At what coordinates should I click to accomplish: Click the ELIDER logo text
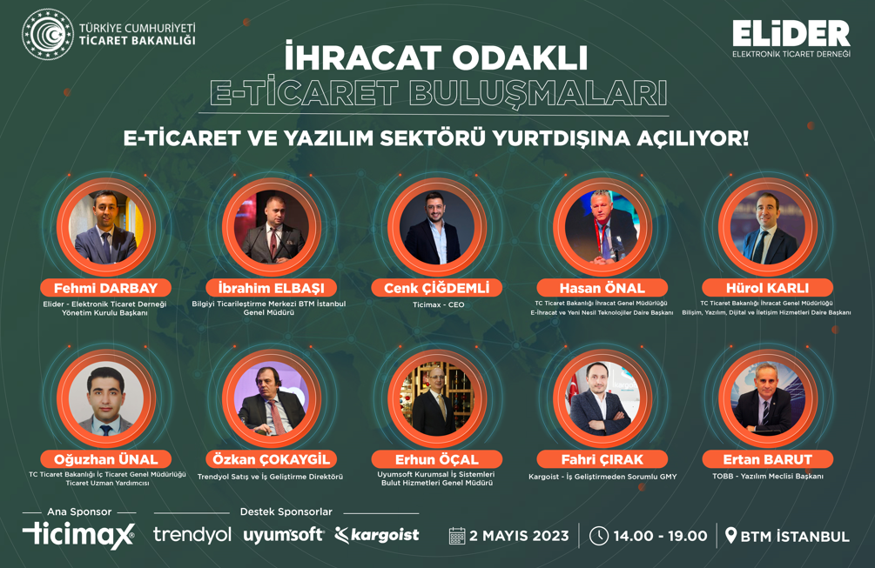click(791, 33)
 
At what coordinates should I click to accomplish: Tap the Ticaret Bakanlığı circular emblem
click(47, 34)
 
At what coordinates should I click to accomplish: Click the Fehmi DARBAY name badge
click(105, 288)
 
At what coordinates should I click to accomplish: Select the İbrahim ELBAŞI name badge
click(271, 288)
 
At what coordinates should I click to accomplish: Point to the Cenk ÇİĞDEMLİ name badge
click(437, 288)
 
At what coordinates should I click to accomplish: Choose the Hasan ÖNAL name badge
click(602, 288)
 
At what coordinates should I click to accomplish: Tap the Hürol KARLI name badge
click(767, 288)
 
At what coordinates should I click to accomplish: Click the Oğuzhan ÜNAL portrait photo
click(106, 398)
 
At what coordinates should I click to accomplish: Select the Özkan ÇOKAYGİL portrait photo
click(271, 398)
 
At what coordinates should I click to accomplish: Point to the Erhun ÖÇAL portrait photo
click(437, 398)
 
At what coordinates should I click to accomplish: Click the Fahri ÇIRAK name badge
click(602, 459)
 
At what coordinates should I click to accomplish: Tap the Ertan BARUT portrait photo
click(768, 398)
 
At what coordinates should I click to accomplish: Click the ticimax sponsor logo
click(78, 535)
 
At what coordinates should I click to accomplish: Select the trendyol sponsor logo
click(192, 535)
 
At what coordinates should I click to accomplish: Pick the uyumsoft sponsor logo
click(284, 535)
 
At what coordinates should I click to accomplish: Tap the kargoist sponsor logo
click(377, 535)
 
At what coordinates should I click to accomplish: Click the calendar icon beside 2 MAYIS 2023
click(457, 536)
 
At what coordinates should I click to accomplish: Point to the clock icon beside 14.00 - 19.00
click(599, 536)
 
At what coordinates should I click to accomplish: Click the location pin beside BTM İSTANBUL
click(730, 536)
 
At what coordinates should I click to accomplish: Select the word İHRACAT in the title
click(363, 57)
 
